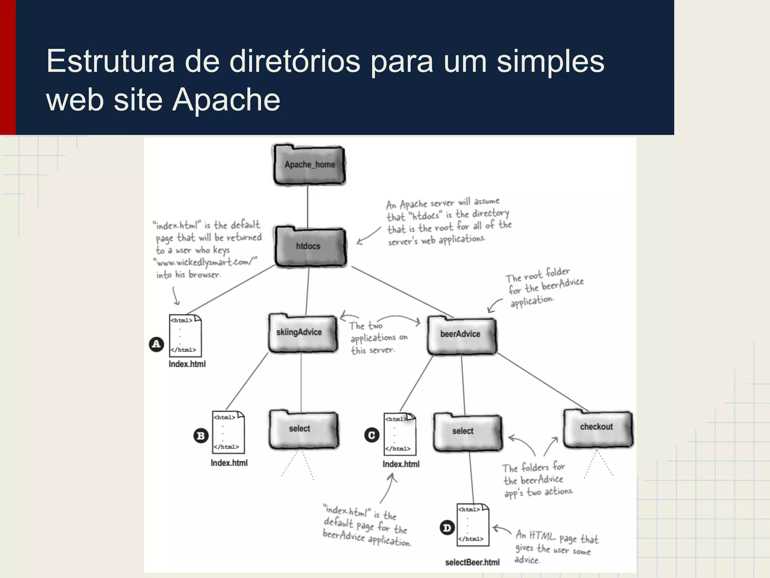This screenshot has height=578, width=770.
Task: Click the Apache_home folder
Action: (x=309, y=165)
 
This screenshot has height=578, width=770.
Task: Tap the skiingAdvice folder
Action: (x=302, y=333)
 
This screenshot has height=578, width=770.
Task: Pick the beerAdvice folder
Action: (x=461, y=335)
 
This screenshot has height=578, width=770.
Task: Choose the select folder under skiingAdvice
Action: (x=303, y=429)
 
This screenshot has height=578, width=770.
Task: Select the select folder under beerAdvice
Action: (x=467, y=432)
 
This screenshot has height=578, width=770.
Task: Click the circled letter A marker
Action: (x=156, y=344)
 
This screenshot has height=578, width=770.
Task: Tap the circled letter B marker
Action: (x=201, y=436)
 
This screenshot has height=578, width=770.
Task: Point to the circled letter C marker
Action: (x=371, y=435)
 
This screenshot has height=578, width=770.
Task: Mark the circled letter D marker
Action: (x=447, y=528)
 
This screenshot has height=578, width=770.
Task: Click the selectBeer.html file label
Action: (x=472, y=563)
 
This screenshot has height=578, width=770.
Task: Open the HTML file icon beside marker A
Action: (x=185, y=335)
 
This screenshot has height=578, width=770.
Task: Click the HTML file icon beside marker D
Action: (x=473, y=524)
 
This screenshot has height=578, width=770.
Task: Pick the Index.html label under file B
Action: (x=229, y=463)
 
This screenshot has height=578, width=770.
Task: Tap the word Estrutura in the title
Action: (x=111, y=61)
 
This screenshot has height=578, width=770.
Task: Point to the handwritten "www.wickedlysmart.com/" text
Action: (x=205, y=262)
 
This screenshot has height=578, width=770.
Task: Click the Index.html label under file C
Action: (x=401, y=464)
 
